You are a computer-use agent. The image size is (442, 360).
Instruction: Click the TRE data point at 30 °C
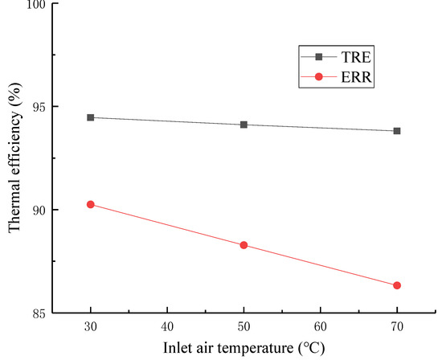90,117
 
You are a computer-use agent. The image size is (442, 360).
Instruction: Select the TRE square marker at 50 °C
244,125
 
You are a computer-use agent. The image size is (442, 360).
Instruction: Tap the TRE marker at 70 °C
397,131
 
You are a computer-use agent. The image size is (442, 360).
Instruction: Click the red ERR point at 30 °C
90,204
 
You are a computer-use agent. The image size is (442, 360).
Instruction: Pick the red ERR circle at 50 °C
244,245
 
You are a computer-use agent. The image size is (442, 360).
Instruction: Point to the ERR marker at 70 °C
397,285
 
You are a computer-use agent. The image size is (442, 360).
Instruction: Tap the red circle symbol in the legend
319,77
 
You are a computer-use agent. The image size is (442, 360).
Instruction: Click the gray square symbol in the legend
319,57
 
